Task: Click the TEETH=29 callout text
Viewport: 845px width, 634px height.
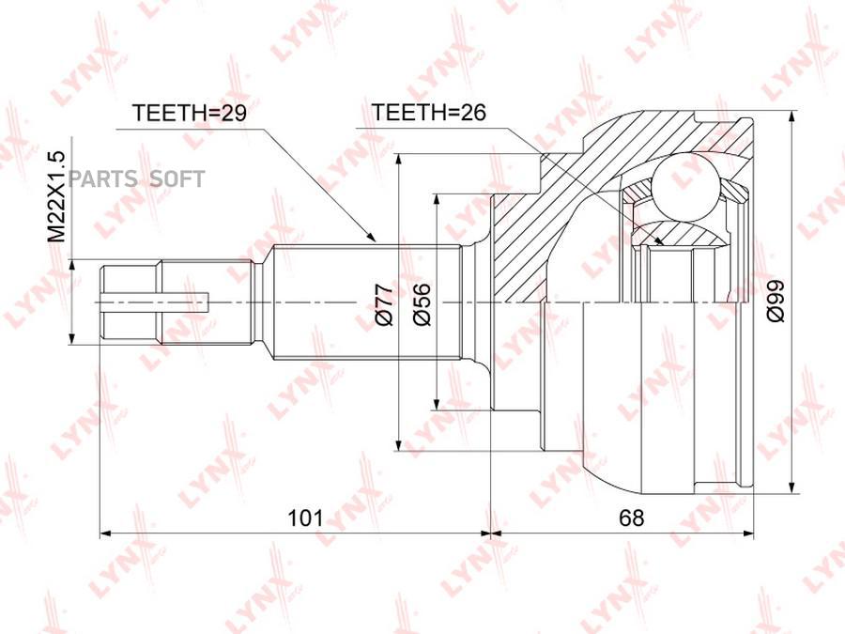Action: [x=189, y=113]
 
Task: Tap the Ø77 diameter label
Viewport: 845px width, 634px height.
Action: [x=385, y=305]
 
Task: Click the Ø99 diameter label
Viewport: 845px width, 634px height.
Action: [x=776, y=302]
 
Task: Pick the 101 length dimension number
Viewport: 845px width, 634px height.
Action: [x=305, y=518]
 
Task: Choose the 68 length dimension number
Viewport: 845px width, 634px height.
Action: [x=632, y=518]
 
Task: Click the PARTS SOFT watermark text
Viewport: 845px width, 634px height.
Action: [x=136, y=179]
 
